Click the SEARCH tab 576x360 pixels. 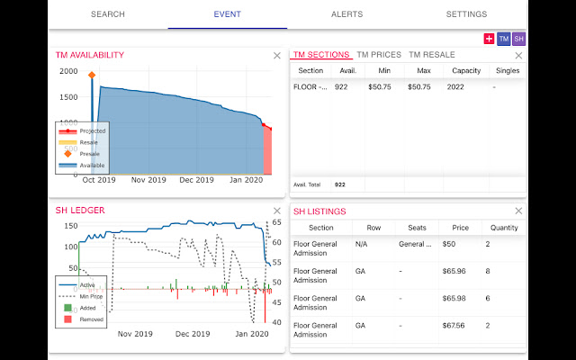(107, 14)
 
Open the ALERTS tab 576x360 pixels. (347, 14)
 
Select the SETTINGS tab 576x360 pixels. (466, 14)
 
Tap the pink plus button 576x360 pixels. (489, 39)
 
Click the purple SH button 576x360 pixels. (518, 39)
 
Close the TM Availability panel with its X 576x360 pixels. (277, 56)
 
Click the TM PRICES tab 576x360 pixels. (378, 55)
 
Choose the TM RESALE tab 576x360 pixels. (431, 55)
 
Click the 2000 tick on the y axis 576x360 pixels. (68, 72)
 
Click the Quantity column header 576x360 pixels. (505, 228)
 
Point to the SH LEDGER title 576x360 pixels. (80, 211)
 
